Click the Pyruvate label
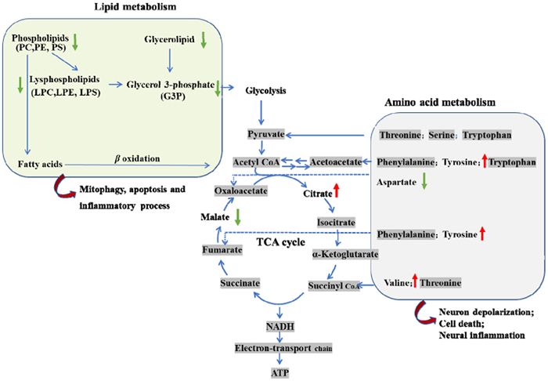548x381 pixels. point(266,134)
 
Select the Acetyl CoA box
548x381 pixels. point(255,161)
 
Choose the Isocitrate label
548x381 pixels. point(339,222)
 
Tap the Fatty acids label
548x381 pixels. point(35,164)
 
